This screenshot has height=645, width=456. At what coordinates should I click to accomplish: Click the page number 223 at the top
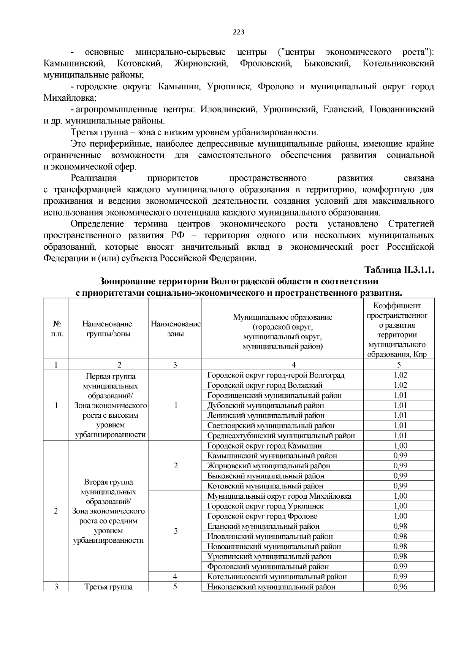[239, 32]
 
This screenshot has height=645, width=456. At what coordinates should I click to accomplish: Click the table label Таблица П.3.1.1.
[399, 270]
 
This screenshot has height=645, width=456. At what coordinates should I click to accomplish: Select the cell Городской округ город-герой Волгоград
[276, 375]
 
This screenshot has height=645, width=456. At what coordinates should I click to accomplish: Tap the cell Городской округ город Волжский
[265, 385]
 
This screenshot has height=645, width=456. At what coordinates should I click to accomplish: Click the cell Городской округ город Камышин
[265, 445]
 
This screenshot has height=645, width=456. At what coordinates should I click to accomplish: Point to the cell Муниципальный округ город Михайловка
[279, 496]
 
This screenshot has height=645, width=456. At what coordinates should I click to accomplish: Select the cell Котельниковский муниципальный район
[277, 577]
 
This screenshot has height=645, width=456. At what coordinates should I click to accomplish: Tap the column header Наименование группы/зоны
[108, 328]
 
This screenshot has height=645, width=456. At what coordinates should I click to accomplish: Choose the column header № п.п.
[56, 328]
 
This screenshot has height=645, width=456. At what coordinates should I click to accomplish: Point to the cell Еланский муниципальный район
[263, 526]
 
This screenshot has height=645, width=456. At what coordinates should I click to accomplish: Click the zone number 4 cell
[175, 577]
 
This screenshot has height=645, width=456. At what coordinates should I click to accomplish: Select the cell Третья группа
[108, 587]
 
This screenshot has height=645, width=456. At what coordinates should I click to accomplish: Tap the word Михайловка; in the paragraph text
[70, 98]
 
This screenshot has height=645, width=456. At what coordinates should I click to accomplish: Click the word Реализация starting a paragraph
[93, 178]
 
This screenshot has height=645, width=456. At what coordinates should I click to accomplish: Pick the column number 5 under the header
[399, 365]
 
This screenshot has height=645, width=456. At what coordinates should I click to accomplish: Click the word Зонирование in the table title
[125, 282]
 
